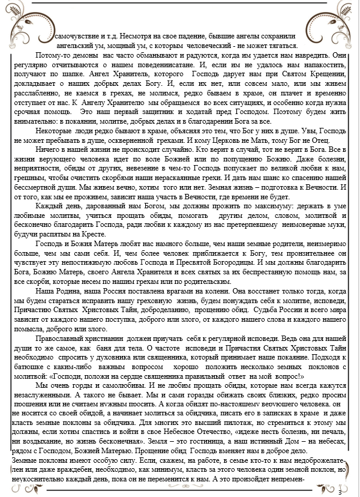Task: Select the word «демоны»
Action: pos(82,54)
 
